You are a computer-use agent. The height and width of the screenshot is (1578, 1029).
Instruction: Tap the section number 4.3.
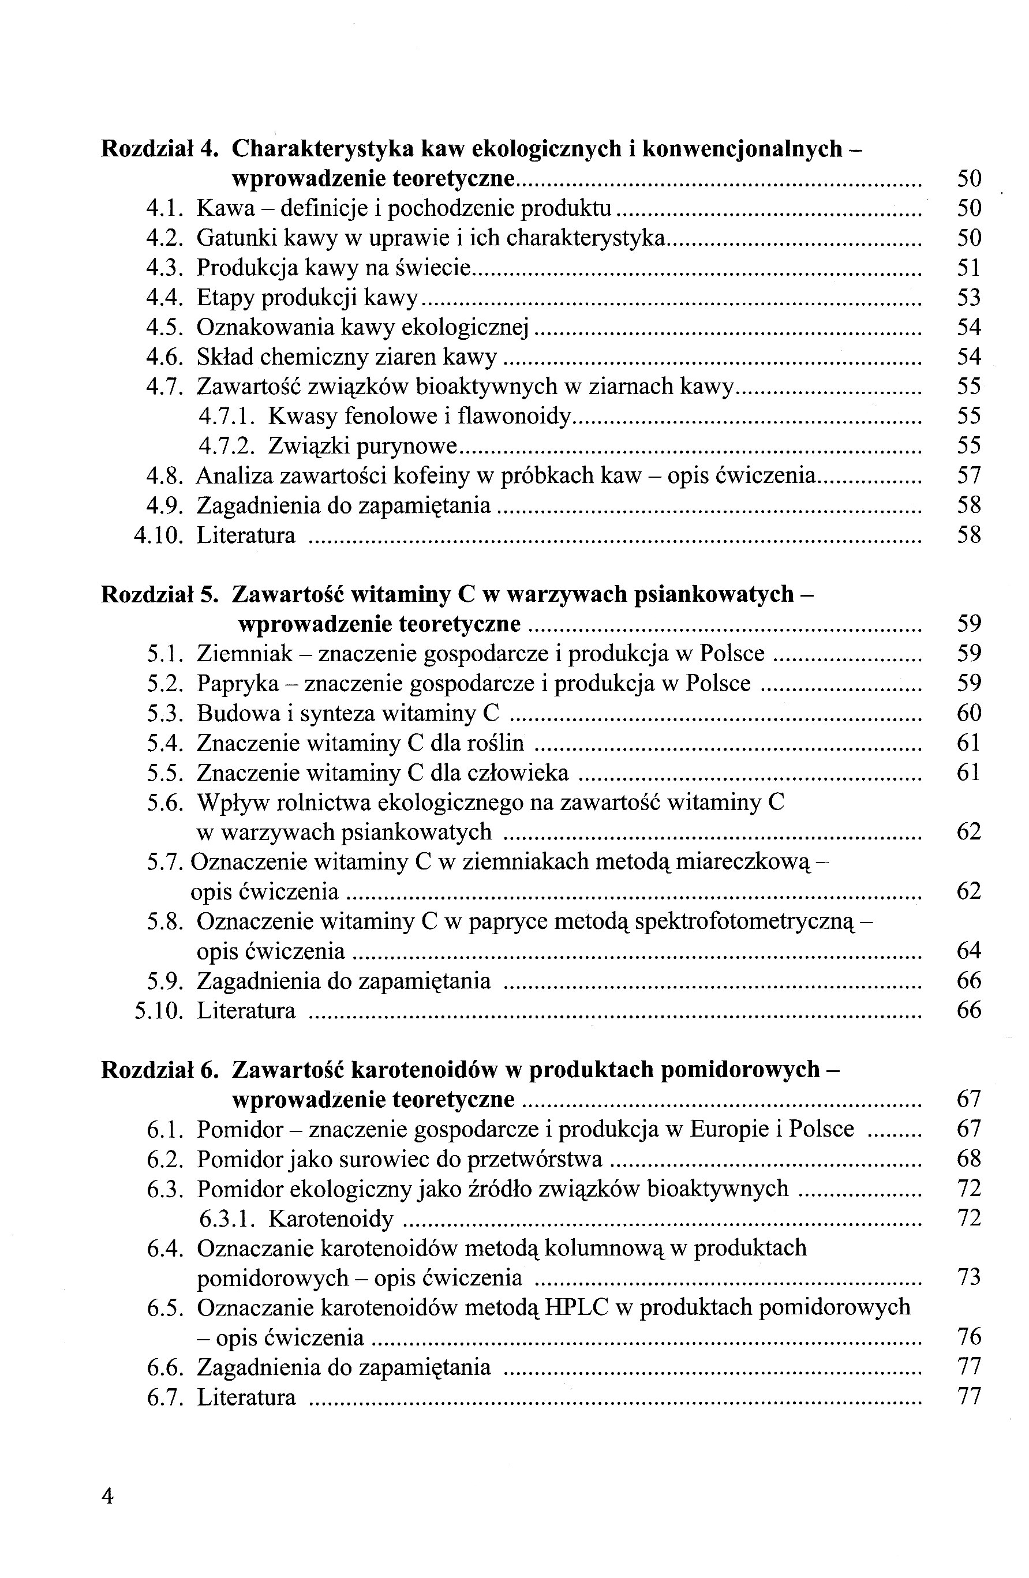click(164, 268)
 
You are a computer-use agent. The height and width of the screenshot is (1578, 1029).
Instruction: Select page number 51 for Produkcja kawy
click(968, 268)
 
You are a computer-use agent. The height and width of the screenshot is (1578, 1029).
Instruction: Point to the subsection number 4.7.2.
click(227, 446)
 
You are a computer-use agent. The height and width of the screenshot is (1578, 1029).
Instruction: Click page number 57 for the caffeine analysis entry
click(968, 476)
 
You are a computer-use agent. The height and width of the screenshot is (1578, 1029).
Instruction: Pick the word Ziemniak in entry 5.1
click(245, 654)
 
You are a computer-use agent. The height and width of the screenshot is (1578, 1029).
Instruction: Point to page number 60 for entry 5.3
click(968, 713)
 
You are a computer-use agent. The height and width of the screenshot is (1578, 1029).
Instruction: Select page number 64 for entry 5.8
click(968, 951)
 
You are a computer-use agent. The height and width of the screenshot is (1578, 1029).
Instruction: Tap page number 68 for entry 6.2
click(968, 1159)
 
